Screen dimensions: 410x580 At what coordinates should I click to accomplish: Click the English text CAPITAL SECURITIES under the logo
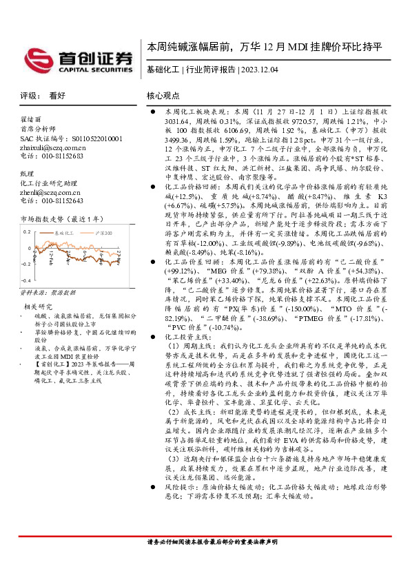click(93, 70)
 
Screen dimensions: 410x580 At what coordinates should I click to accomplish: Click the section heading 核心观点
click(163, 96)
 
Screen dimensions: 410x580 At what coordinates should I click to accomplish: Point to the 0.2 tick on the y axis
click(26, 231)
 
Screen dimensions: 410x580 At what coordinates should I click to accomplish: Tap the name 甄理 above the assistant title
click(27, 173)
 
